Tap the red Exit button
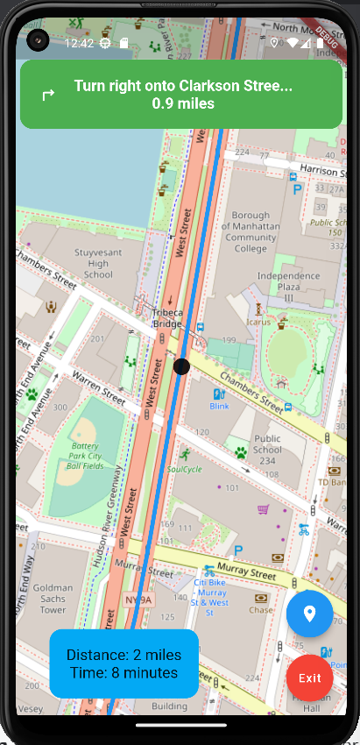pyautogui.click(x=309, y=678)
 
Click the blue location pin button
pyautogui.click(x=309, y=614)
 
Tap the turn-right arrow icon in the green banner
pyautogui.click(x=48, y=95)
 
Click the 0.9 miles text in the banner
pyautogui.click(x=183, y=103)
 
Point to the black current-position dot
pyautogui.click(x=182, y=366)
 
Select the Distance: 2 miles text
pyautogui.click(x=124, y=655)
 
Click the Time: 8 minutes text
pyautogui.click(x=124, y=672)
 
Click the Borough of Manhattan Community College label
pyautogui.click(x=251, y=231)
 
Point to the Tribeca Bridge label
pyautogui.click(x=167, y=317)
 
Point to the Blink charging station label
pyautogui.click(x=219, y=407)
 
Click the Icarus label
pyautogui.click(x=258, y=322)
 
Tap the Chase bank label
pyautogui.click(x=261, y=609)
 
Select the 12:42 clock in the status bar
pyautogui.click(x=79, y=42)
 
